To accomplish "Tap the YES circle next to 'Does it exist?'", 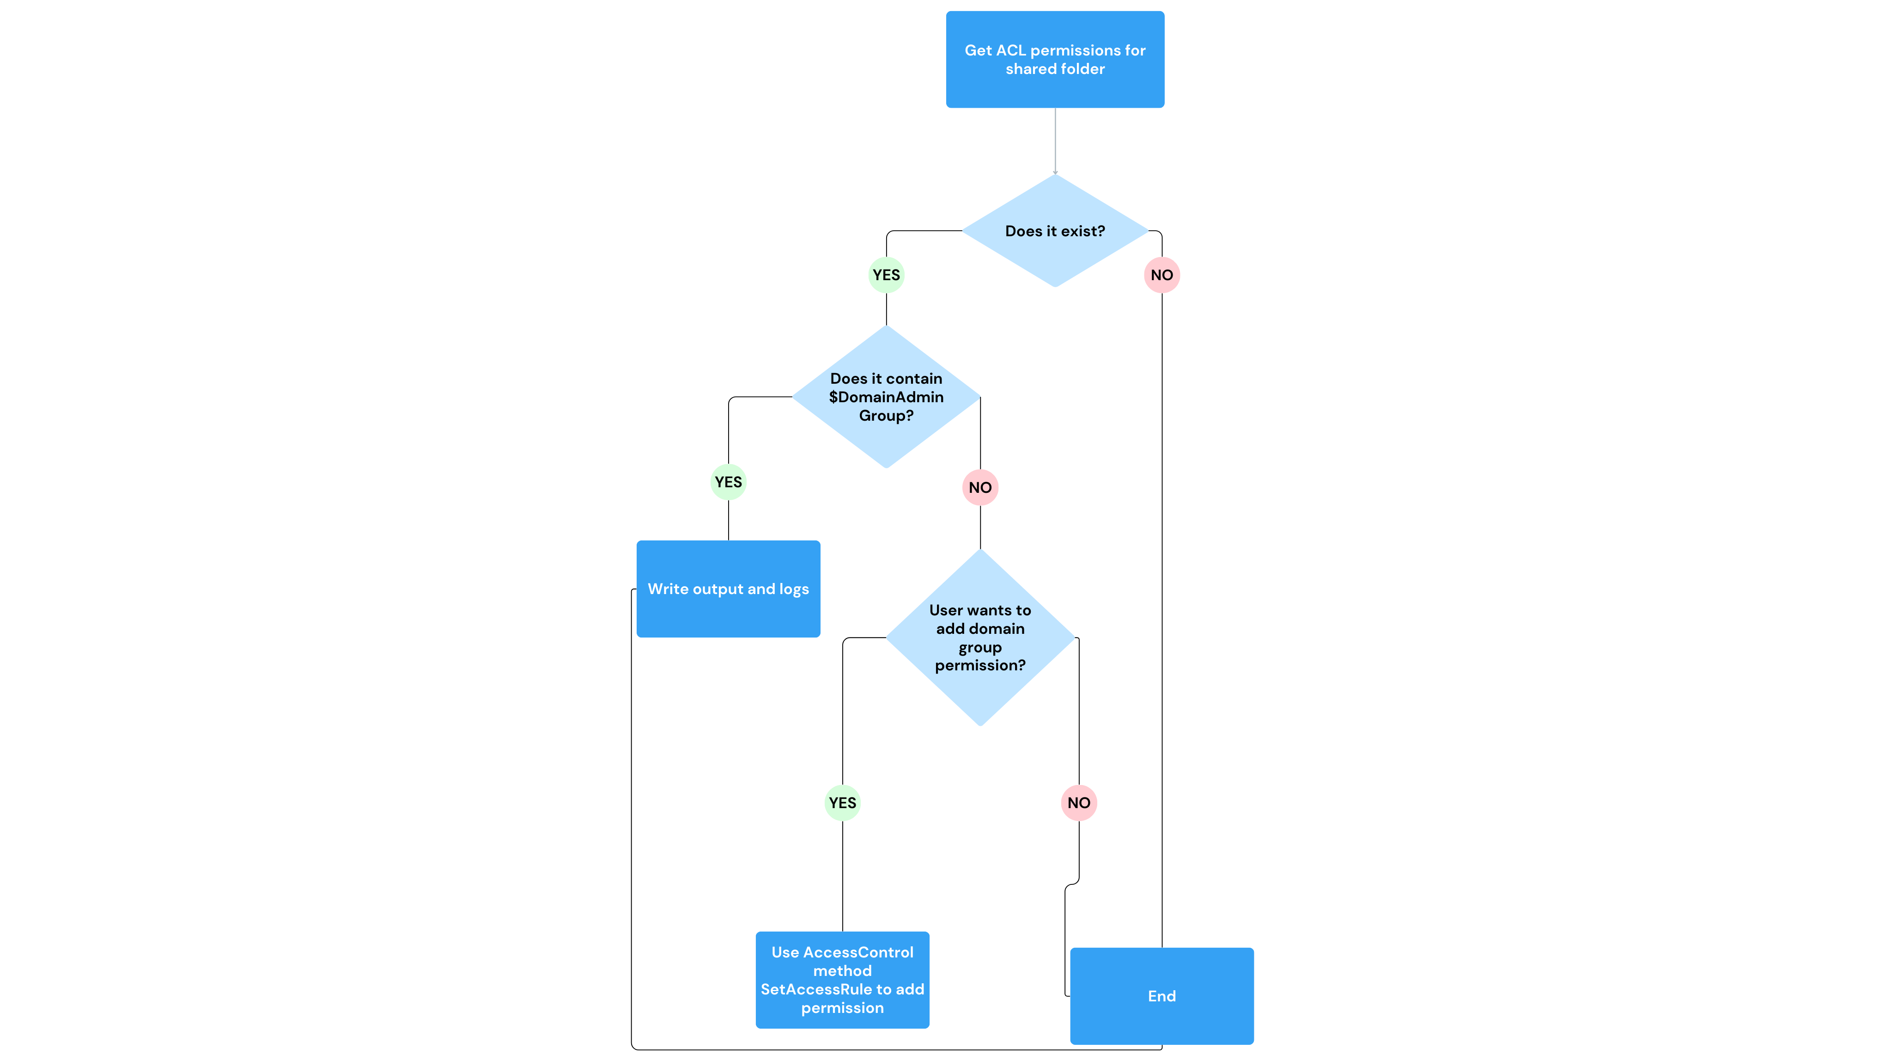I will [x=886, y=276].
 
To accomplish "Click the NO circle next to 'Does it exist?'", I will [x=1161, y=276].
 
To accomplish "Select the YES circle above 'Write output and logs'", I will [x=728, y=482].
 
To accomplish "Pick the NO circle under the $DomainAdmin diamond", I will [x=980, y=488].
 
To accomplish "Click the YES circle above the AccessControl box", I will [x=842, y=803].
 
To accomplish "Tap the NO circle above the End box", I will [x=1079, y=803].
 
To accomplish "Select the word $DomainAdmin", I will [x=886, y=397].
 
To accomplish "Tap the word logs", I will [x=794, y=589].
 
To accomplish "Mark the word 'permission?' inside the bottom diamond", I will [x=980, y=666].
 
